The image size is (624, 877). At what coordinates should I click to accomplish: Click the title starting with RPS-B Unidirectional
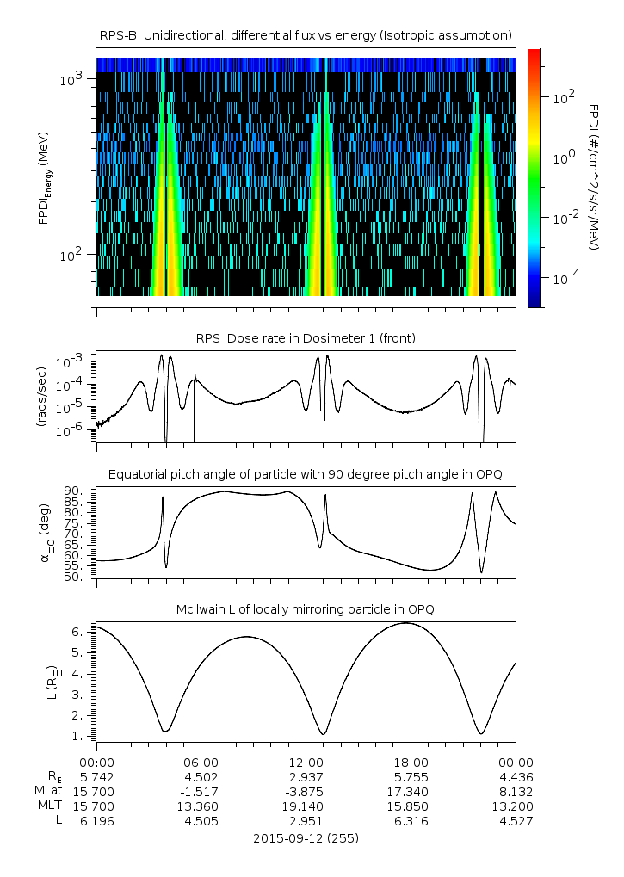point(306,34)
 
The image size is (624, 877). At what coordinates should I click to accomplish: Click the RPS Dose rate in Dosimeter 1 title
point(306,338)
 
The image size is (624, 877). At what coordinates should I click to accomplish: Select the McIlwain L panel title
point(306,609)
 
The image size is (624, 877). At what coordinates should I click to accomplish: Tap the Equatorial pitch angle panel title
point(306,474)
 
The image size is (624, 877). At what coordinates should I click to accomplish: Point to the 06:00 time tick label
point(201,762)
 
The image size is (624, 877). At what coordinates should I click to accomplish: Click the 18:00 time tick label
point(411,762)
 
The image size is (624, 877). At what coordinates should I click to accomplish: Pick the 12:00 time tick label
point(306,762)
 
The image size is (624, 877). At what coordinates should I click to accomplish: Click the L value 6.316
point(411,821)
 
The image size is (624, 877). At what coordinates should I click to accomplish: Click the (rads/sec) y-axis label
point(40,398)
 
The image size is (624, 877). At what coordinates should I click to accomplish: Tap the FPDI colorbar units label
point(594,177)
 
